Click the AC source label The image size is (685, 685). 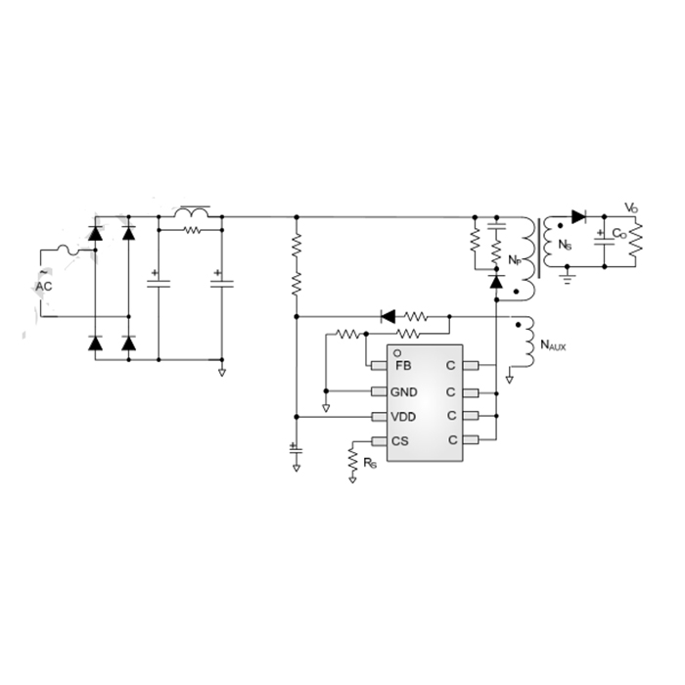pyautogui.click(x=44, y=286)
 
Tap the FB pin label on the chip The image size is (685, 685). pyautogui.click(x=403, y=366)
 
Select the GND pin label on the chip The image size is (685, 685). pyautogui.click(x=403, y=392)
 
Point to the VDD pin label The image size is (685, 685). pyautogui.click(x=403, y=417)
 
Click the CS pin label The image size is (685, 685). pyautogui.click(x=400, y=441)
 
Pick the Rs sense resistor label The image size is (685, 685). pyautogui.click(x=370, y=463)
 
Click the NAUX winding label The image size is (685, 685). pyautogui.click(x=553, y=345)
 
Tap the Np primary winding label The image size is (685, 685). pyautogui.click(x=515, y=260)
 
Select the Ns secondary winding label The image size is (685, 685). pyautogui.click(x=565, y=245)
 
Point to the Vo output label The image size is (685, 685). pyautogui.click(x=631, y=207)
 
